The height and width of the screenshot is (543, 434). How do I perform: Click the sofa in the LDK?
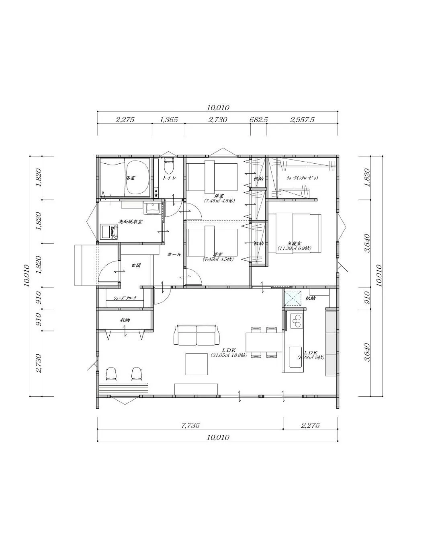[197, 335]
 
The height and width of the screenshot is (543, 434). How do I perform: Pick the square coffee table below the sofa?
[197, 364]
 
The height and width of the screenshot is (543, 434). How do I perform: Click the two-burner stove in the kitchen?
[297, 321]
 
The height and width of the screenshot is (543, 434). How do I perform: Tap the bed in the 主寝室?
[295, 233]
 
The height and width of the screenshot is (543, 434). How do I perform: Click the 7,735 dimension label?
[190, 425]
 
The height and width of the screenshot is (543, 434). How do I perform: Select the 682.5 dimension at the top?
[259, 119]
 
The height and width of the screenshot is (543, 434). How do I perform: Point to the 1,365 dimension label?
[168, 119]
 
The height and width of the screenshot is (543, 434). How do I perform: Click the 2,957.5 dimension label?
[302, 119]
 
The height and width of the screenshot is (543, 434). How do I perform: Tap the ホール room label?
[174, 255]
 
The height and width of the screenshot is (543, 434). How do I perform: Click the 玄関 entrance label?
[136, 265]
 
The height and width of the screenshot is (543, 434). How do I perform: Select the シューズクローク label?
[125, 298]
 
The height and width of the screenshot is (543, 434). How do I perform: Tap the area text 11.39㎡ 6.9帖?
[294, 248]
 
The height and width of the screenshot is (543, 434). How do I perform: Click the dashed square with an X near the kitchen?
[293, 298]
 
